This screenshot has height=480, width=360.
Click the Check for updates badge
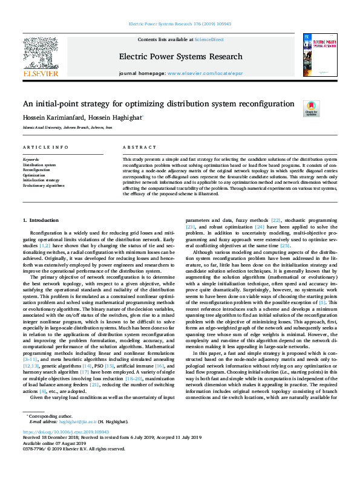pyautogui.click(x=311, y=108)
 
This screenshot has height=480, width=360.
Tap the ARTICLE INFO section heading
pyautogui.click(x=45, y=148)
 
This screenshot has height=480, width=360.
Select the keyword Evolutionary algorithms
pyautogui.click(x=44, y=186)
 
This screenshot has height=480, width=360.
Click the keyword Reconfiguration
pyautogui.click(x=36, y=170)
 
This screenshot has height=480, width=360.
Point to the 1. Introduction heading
pyautogui.click(x=41, y=221)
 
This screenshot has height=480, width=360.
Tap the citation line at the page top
pyautogui.click(x=180, y=24)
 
